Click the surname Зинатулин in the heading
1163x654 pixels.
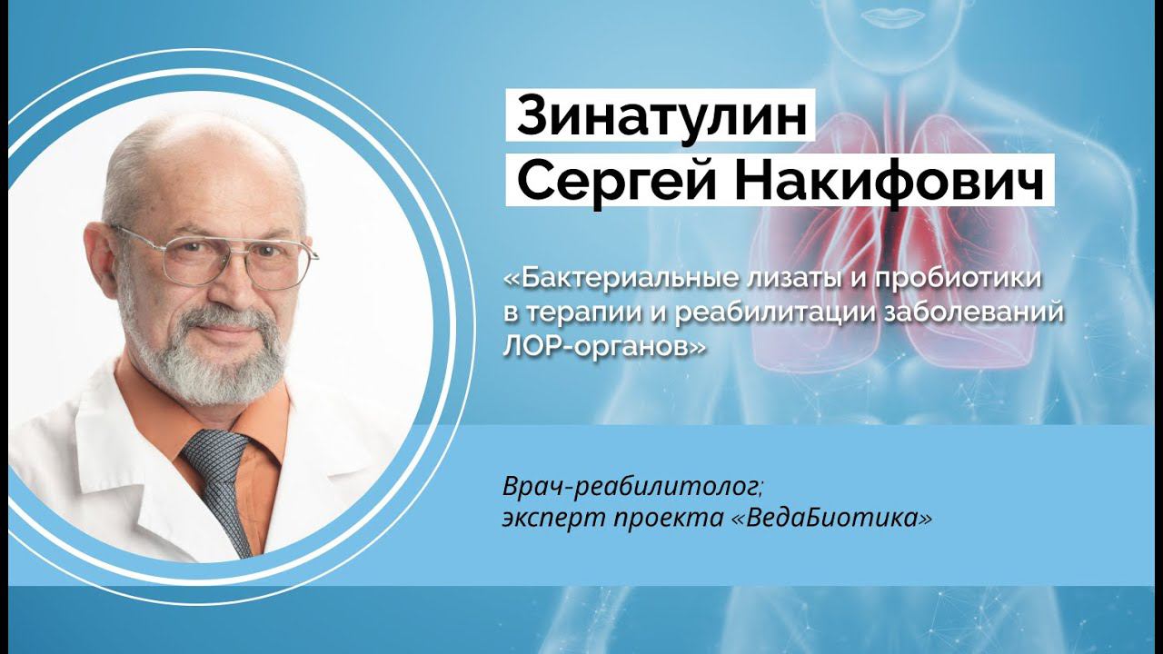[x=661, y=119]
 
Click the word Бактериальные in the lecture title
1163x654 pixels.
[x=605, y=278]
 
